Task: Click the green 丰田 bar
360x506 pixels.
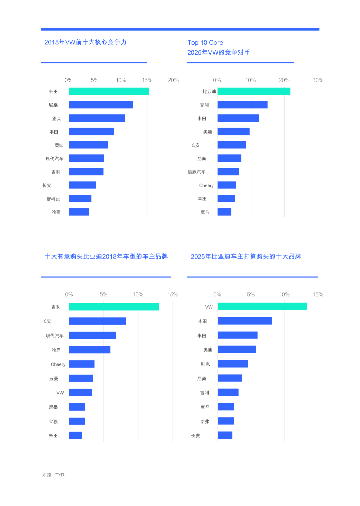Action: tap(109, 91)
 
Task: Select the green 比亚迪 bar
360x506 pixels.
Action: tap(254, 91)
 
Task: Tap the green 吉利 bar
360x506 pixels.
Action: tap(114, 307)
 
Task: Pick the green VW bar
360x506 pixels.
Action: tap(262, 307)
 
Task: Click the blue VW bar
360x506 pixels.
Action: tap(81, 393)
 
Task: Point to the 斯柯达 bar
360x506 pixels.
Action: tap(80, 198)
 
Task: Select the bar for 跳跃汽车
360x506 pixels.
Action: tap(228, 172)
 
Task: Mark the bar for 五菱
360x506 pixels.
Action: tap(81, 378)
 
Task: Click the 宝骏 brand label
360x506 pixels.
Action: tap(53, 422)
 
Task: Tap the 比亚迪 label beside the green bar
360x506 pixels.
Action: tap(209, 91)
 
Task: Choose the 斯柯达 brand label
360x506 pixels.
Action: tap(53, 199)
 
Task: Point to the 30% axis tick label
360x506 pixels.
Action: tap(318, 80)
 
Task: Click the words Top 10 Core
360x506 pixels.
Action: tap(205, 42)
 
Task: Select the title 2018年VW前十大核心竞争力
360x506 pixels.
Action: tap(85, 42)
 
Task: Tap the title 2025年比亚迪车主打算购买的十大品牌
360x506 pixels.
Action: tap(246, 257)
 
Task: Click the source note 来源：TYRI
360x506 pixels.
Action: tap(54, 475)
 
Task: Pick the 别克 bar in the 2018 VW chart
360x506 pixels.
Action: tap(97, 118)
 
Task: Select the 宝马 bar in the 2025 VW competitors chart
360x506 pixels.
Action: tap(224, 212)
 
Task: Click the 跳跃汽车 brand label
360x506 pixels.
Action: tap(196, 172)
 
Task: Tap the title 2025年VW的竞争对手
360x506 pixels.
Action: tap(219, 52)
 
